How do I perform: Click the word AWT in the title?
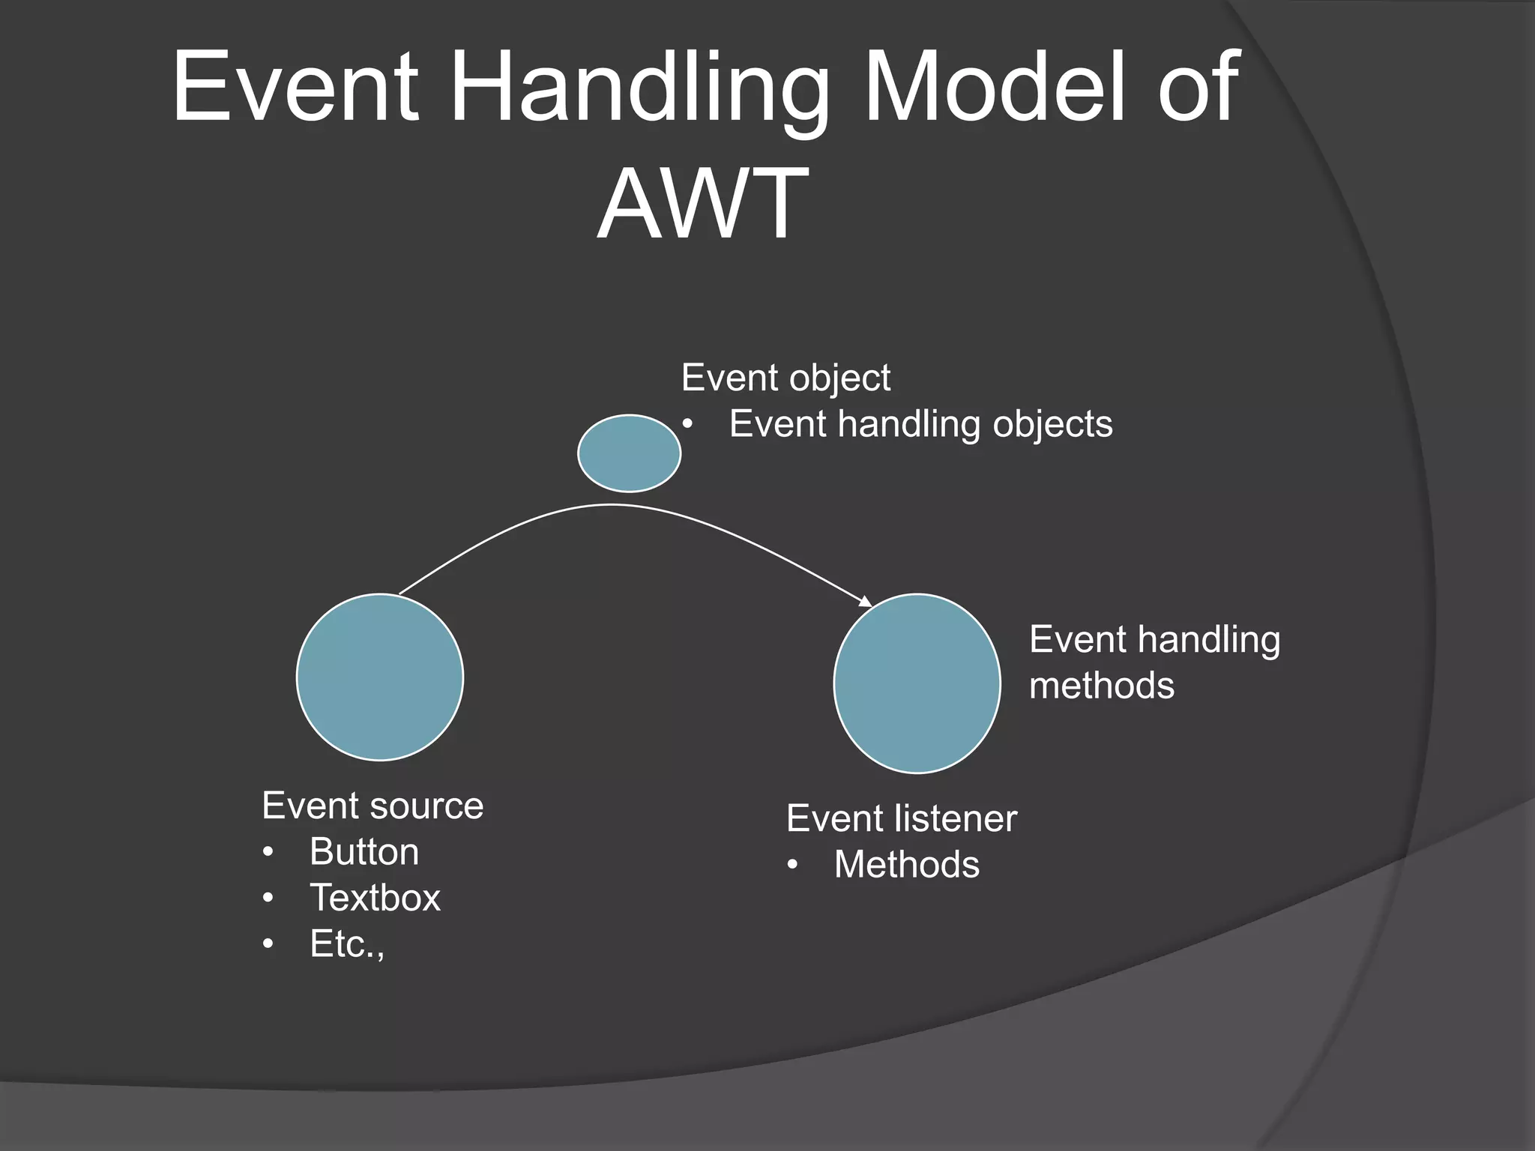(x=702, y=204)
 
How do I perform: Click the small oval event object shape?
(x=629, y=453)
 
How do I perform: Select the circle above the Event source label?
(x=380, y=677)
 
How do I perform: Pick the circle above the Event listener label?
(x=917, y=683)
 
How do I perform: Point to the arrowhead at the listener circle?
(x=866, y=601)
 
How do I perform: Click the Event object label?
(x=785, y=378)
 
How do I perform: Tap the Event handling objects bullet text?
(x=920, y=424)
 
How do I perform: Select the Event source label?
(x=373, y=806)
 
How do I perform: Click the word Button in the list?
(x=364, y=852)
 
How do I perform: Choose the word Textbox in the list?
(x=375, y=898)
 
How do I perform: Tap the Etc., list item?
(x=347, y=944)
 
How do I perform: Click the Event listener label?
(x=902, y=818)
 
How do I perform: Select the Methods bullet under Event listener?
(x=906, y=865)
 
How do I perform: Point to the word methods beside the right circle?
(x=1101, y=686)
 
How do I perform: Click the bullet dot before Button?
(x=268, y=853)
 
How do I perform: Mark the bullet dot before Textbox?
(x=268, y=898)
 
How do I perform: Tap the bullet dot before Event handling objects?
(x=687, y=425)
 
